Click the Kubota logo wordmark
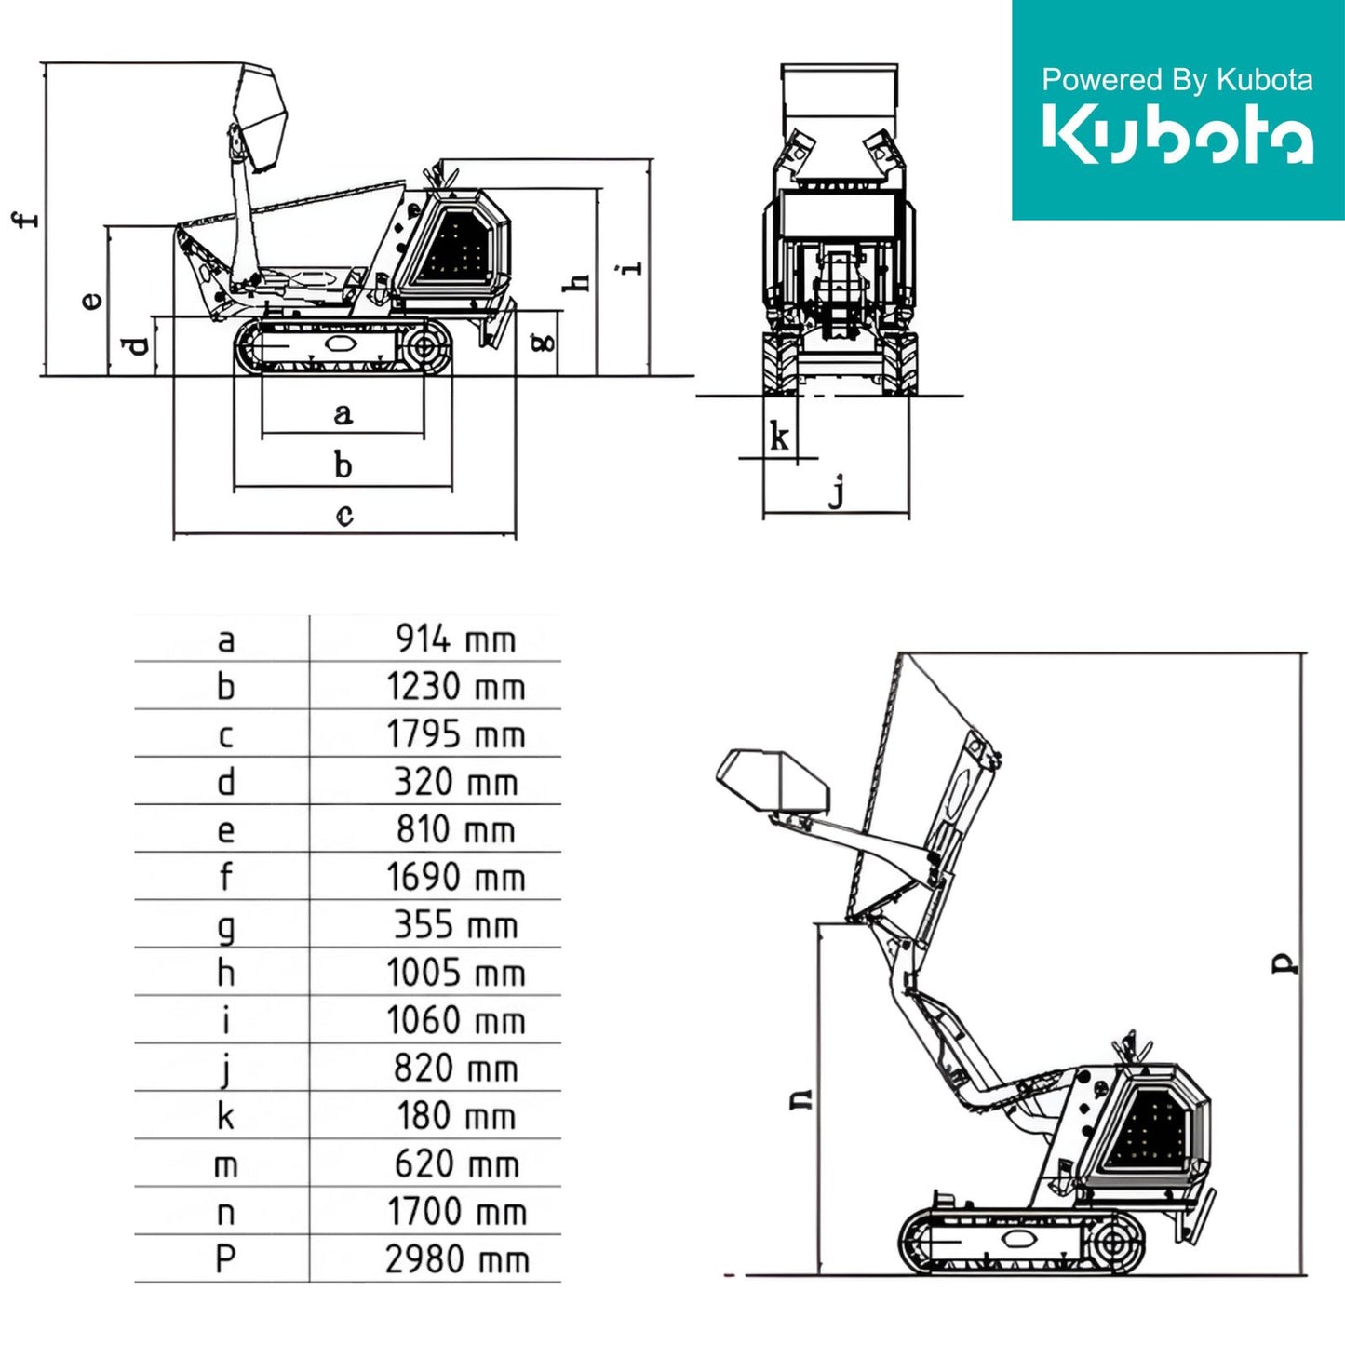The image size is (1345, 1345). point(1177,134)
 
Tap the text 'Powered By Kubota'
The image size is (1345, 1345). point(1177,79)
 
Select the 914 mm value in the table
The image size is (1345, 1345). point(456,639)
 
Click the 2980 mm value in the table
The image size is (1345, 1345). point(457,1259)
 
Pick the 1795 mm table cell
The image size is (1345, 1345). point(456,734)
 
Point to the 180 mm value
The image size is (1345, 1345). point(456,1115)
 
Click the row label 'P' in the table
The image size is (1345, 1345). point(225,1259)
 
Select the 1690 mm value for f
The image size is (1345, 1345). point(456,877)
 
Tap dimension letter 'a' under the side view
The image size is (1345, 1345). point(343,414)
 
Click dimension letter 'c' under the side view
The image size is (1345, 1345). point(344,516)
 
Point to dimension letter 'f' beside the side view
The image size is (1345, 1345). point(26,219)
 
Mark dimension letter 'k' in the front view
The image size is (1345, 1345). point(779,437)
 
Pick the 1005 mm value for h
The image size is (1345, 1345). point(456,973)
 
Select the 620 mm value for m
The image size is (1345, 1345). point(457,1163)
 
